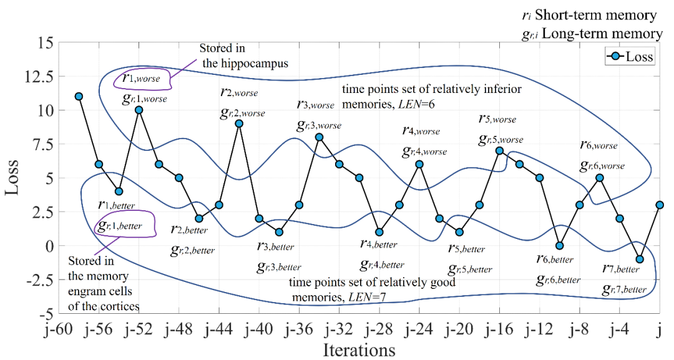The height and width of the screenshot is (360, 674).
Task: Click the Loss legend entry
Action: pos(629,57)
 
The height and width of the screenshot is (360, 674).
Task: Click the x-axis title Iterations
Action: pos(359,349)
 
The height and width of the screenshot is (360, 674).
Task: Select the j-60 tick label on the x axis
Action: pos(58,328)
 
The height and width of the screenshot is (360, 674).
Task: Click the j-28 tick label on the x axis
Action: pos(379,328)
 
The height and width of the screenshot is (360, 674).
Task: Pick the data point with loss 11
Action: pos(79,96)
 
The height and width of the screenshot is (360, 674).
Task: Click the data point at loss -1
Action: pos(640,259)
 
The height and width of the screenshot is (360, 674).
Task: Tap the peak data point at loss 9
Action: pos(239,124)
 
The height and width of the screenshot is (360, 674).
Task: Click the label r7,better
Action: pos(621,269)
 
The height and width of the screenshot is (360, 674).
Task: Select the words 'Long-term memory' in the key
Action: pos(603,34)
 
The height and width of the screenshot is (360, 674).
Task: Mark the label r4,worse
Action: pos(421,131)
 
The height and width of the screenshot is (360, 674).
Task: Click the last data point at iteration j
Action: pos(660,205)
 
